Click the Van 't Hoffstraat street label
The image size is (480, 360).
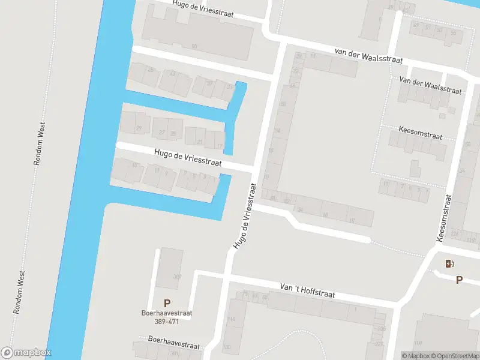[x=307, y=292]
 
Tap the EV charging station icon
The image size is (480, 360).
[x=449, y=263]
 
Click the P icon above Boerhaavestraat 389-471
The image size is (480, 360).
[x=167, y=303]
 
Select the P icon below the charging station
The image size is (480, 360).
[x=459, y=279]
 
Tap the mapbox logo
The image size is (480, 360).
[x=26, y=353]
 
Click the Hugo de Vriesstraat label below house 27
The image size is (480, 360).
[x=188, y=158]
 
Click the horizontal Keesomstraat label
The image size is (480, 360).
[x=421, y=132]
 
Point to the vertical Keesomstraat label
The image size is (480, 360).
[x=445, y=217]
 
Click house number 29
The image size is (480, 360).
[x=139, y=128]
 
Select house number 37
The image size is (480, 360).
[x=209, y=83]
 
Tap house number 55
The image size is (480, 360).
[x=453, y=32]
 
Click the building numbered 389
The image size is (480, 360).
[x=177, y=277]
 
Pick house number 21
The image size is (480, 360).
[x=200, y=142]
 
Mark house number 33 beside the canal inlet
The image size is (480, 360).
[x=229, y=88]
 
